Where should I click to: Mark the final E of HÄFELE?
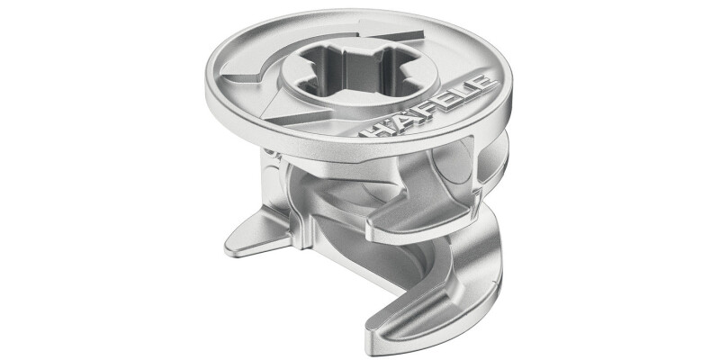(x=485, y=87)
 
